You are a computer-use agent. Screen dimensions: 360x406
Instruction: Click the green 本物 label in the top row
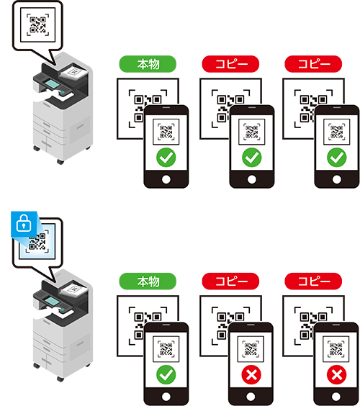[x=148, y=64]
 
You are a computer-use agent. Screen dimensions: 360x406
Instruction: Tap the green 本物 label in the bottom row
[x=148, y=281]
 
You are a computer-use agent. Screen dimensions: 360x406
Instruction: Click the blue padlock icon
[x=24, y=223]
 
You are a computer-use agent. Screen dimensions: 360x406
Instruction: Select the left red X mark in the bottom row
[x=251, y=374]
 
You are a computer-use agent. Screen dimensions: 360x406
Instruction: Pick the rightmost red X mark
[x=336, y=374]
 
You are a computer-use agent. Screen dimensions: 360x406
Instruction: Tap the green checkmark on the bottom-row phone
[x=166, y=374]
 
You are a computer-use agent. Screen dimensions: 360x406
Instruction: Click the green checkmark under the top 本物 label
[x=166, y=158]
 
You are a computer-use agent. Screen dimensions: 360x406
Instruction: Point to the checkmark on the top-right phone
[x=337, y=158]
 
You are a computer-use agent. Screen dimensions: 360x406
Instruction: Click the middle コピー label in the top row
[x=230, y=64]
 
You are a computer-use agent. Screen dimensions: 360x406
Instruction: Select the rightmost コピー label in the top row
[x=313, y=64]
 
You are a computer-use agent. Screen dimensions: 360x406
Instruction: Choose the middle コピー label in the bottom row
[x=230, y=281]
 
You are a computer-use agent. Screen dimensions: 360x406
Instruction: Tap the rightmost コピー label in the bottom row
[x=313, y=281]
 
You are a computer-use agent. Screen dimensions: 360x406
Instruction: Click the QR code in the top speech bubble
[x=38, y=25]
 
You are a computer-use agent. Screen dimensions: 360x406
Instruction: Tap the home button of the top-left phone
[x=166, y=179]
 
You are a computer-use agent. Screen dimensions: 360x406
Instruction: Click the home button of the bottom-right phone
[x=336, y=397]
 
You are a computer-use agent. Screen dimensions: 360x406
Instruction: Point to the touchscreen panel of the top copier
[x=53, y=84]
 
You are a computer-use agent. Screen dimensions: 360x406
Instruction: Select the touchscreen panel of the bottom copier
[x=53, y=301]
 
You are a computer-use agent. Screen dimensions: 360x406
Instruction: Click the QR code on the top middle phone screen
[x=252, y=132]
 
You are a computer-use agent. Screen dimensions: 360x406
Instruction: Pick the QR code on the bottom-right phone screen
[x=336, y=349]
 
